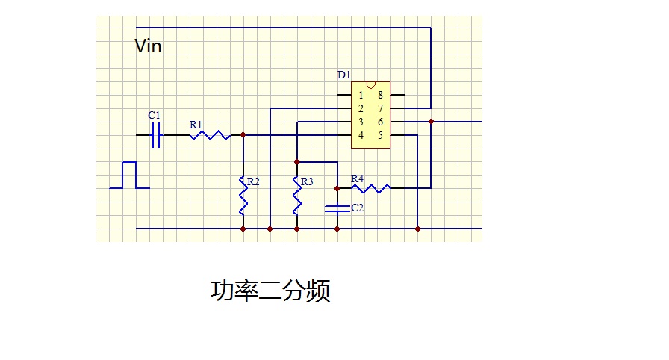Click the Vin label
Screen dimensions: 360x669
(148, 46)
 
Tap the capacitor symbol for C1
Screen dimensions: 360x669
(156, 135)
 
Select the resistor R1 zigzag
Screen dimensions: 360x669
(209, 135)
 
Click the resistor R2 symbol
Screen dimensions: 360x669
(243, 194)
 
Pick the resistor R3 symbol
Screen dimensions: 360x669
(296, 194)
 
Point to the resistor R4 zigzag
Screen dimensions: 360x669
(370, 188)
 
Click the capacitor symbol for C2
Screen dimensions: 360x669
(337, 208)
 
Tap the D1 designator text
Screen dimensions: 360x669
(343, 75)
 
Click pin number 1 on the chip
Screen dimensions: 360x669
(361, 95)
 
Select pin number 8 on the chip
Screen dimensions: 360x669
(380, 95)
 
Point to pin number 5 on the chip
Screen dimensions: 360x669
(380, 135)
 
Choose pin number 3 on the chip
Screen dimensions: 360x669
(361, 122)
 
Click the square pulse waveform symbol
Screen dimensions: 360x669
(130, 176)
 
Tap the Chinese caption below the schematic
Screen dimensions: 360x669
(270, 291)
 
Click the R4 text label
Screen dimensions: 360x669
(357, 179)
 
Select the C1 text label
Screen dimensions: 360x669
(154, 115)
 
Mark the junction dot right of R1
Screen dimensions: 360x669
(243, 135)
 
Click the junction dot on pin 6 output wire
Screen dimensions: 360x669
(432, 121)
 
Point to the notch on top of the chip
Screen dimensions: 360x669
(371, 84)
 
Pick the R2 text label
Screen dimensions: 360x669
(254, 181)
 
